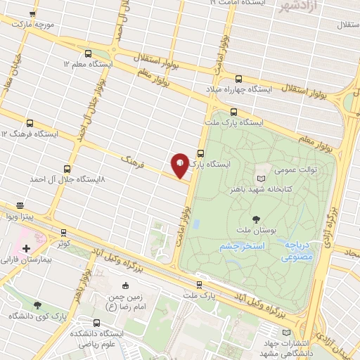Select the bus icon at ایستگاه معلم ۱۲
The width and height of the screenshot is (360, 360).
88,53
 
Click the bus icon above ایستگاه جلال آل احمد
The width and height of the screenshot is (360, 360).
67,169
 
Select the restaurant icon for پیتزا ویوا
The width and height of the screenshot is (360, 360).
20,206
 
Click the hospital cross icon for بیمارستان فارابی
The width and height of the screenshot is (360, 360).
26,248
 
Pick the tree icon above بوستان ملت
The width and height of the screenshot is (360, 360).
255,219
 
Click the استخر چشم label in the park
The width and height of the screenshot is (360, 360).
240,247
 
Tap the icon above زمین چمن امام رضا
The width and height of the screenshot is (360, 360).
125,286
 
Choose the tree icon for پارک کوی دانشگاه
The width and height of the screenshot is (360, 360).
37,305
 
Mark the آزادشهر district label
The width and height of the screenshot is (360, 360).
298,7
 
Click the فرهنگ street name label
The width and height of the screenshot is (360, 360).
131,163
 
